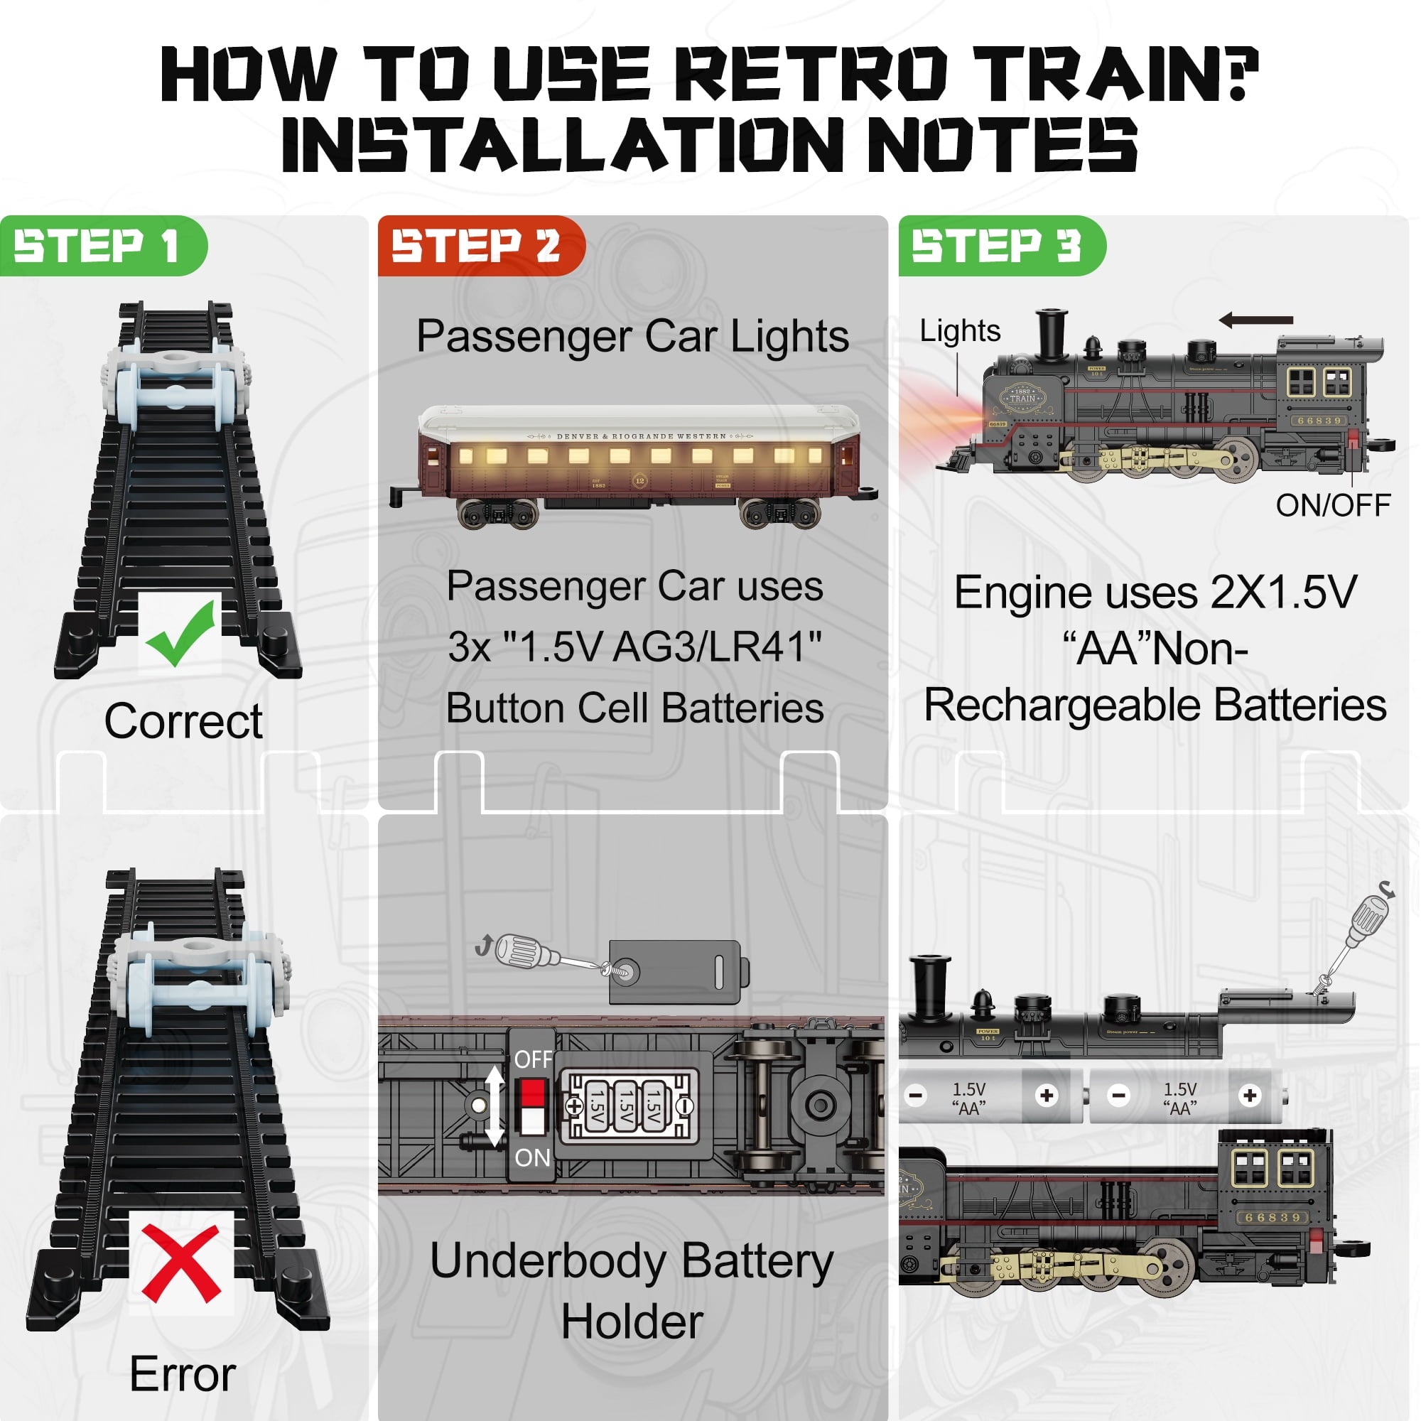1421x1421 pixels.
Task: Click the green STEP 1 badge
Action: tap(99, 246)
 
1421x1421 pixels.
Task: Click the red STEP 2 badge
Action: tap(477, 246)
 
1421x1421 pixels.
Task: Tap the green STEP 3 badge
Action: tap(998, 246)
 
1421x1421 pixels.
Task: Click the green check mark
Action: tap(180, 632)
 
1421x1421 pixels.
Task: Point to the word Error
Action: tap(183, 1373)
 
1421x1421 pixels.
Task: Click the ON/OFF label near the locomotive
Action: tap(1332, 505)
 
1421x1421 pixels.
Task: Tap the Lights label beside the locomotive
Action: tap(960, 331)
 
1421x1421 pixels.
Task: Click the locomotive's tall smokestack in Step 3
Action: tap(1051, 335)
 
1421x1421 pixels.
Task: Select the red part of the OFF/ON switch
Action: tap(532, 1091)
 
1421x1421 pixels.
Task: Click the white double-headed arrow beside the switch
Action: tap(495, 1106)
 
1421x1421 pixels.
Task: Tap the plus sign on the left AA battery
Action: tap(1046, 1096)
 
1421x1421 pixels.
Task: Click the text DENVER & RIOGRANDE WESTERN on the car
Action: tap(641, 436)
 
